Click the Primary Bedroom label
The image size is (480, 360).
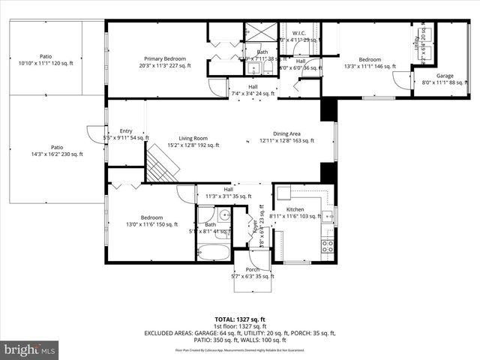(x=165, y=58)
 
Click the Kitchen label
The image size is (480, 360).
(x=295, y=209)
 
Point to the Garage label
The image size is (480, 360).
(x=445, y=76)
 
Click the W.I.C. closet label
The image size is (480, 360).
(x=299, y=32)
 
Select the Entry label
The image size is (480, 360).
(x=125, y=131)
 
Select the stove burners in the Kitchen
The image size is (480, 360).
(x=328, y=244)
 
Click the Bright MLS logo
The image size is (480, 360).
(x=30, y=349)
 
